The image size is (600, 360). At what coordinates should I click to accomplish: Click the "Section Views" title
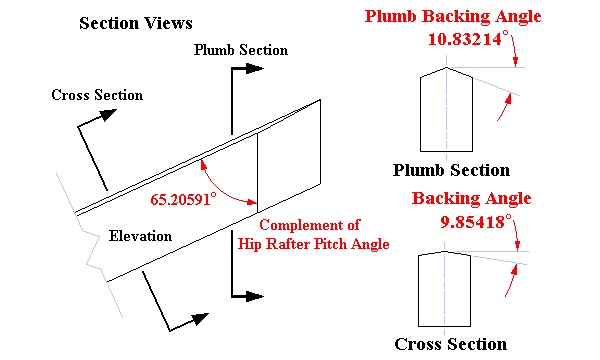[x=136, y=23]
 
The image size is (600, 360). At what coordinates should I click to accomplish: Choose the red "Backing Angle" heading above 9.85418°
[x=472, y=198]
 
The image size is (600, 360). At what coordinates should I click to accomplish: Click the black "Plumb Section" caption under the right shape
[x=451, y=170]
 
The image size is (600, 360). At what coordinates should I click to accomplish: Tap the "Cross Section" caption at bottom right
[x=451, y=344]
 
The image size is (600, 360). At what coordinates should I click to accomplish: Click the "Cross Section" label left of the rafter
[x=97, y=95]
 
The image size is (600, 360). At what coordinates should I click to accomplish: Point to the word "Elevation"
[x=140, y=236]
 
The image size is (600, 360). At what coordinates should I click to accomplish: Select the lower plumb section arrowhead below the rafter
[x=256, y=296]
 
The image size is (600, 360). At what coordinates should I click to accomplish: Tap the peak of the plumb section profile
[x=447, y=66]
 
